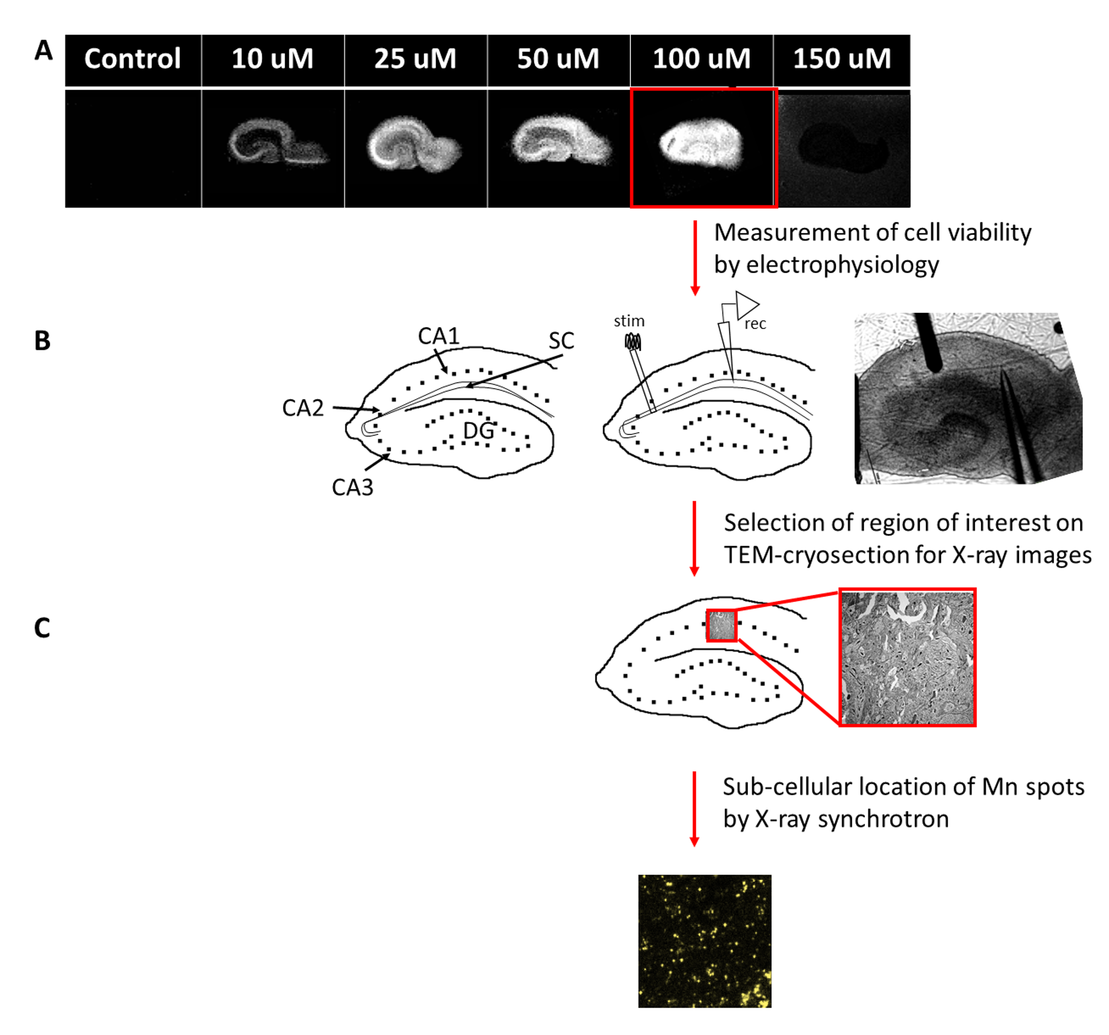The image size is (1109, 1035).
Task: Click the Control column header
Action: (133, 59)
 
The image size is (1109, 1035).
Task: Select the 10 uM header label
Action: (272, 59)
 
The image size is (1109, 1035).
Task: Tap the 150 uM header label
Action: (842, 59)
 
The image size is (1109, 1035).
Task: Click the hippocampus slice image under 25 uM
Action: (414, 143)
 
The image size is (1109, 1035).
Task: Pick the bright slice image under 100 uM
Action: (701, 143)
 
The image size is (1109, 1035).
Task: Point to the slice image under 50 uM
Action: (560, 139)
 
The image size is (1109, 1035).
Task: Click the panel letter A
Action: (44, 51)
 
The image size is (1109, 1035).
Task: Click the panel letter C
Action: (42, 628)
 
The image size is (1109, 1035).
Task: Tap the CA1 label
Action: (439, 336)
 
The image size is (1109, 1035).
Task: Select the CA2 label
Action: (302, 408)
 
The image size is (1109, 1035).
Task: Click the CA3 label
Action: (352, 487)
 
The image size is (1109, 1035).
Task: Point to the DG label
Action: (478, 431)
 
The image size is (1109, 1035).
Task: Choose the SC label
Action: (561, 341)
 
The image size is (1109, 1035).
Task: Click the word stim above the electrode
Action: (629, 321)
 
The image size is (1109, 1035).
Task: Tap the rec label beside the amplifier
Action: (755, 324)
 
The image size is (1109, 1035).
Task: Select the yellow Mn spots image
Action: (705, 941)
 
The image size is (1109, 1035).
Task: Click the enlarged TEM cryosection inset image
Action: (907, 658)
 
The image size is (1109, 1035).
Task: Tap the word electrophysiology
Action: (842, 264)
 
